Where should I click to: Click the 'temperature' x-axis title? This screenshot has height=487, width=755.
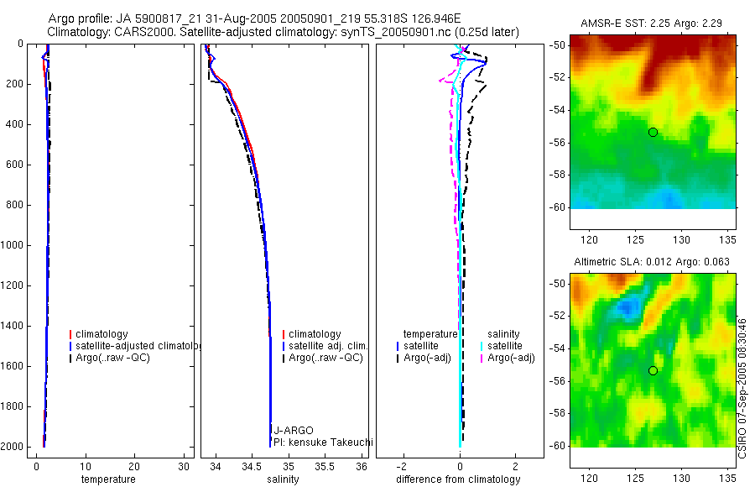(x=108, y=479)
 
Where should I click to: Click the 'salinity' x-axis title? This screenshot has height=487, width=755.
(x=283, y=479)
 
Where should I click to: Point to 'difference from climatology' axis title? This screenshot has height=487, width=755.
(x=458, y=479)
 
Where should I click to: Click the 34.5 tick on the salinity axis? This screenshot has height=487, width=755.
(x=252, y=467)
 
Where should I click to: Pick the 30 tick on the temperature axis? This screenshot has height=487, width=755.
(x=184, y=467)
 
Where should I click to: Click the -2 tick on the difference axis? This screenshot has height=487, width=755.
(x=403, y=467)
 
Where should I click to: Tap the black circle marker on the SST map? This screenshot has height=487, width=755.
(x=653, y=132)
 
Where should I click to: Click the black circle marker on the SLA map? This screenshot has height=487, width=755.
(x=653, y=371)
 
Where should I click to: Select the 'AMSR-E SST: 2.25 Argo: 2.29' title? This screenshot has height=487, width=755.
(x=652, y=24)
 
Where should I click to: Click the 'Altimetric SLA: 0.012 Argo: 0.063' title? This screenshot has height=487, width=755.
(x=652, y=262)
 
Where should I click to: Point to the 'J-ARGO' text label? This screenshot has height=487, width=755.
(x=294, y=430)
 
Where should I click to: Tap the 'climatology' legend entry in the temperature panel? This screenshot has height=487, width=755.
(x=99, y=334)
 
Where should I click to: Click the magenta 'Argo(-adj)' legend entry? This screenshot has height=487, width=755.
(x=508, y=358)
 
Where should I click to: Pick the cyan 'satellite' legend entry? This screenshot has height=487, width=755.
(x=502, y=346)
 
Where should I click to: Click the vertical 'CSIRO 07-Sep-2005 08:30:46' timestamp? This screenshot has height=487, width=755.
(x=742, y=389)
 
